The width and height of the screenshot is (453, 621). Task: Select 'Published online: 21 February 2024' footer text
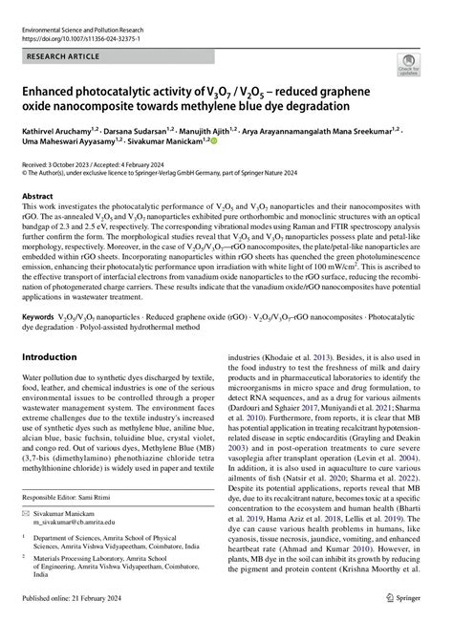tap(74, 610)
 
